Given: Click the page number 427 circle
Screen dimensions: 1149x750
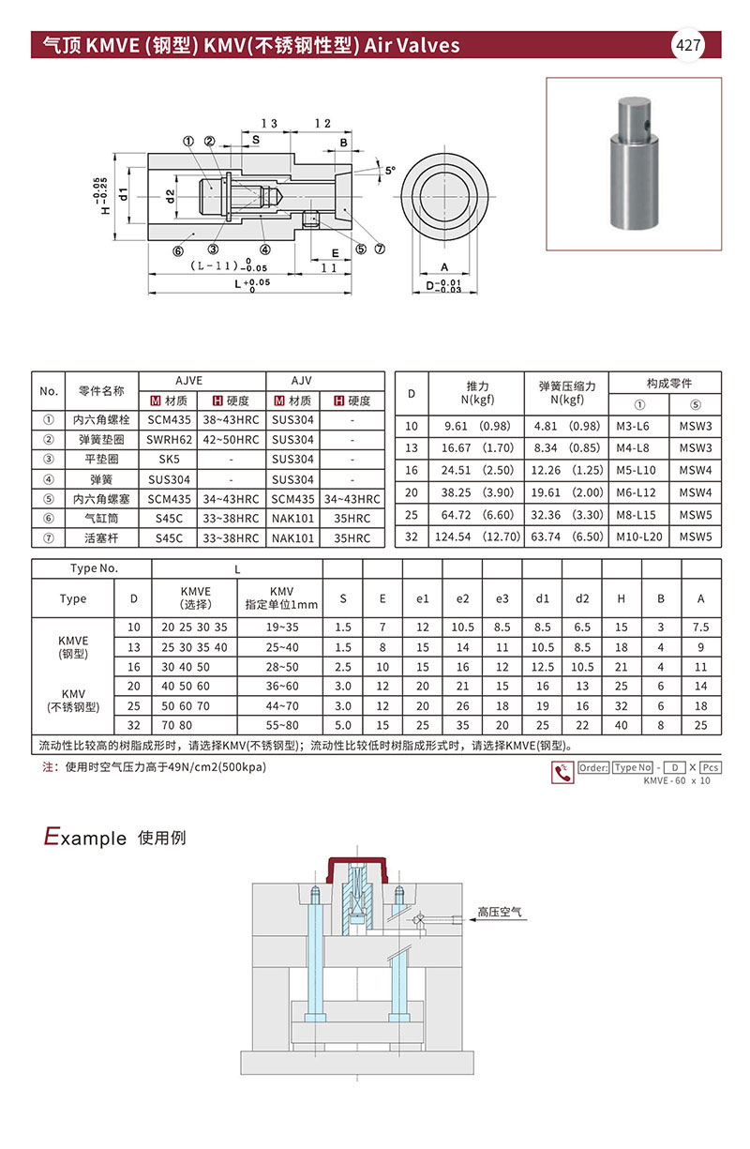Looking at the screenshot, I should click(x=689, y=44).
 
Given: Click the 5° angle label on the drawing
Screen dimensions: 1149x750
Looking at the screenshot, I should click(x=390, y=171).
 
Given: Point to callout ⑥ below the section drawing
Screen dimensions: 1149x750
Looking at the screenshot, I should click(x=177, y=250).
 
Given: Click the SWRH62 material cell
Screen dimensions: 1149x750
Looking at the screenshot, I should click(x=169, y=439).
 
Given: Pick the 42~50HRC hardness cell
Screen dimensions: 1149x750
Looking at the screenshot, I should click(x=231, y=439).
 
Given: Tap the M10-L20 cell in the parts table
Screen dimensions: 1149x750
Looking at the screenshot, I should click(x=637, y=537).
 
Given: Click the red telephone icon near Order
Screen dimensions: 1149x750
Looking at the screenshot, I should click(x=562, y=772).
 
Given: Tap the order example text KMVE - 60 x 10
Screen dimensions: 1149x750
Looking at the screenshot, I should click(x=677, y=781).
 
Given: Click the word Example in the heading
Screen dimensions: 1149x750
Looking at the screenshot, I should click(x=84, y=837).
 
